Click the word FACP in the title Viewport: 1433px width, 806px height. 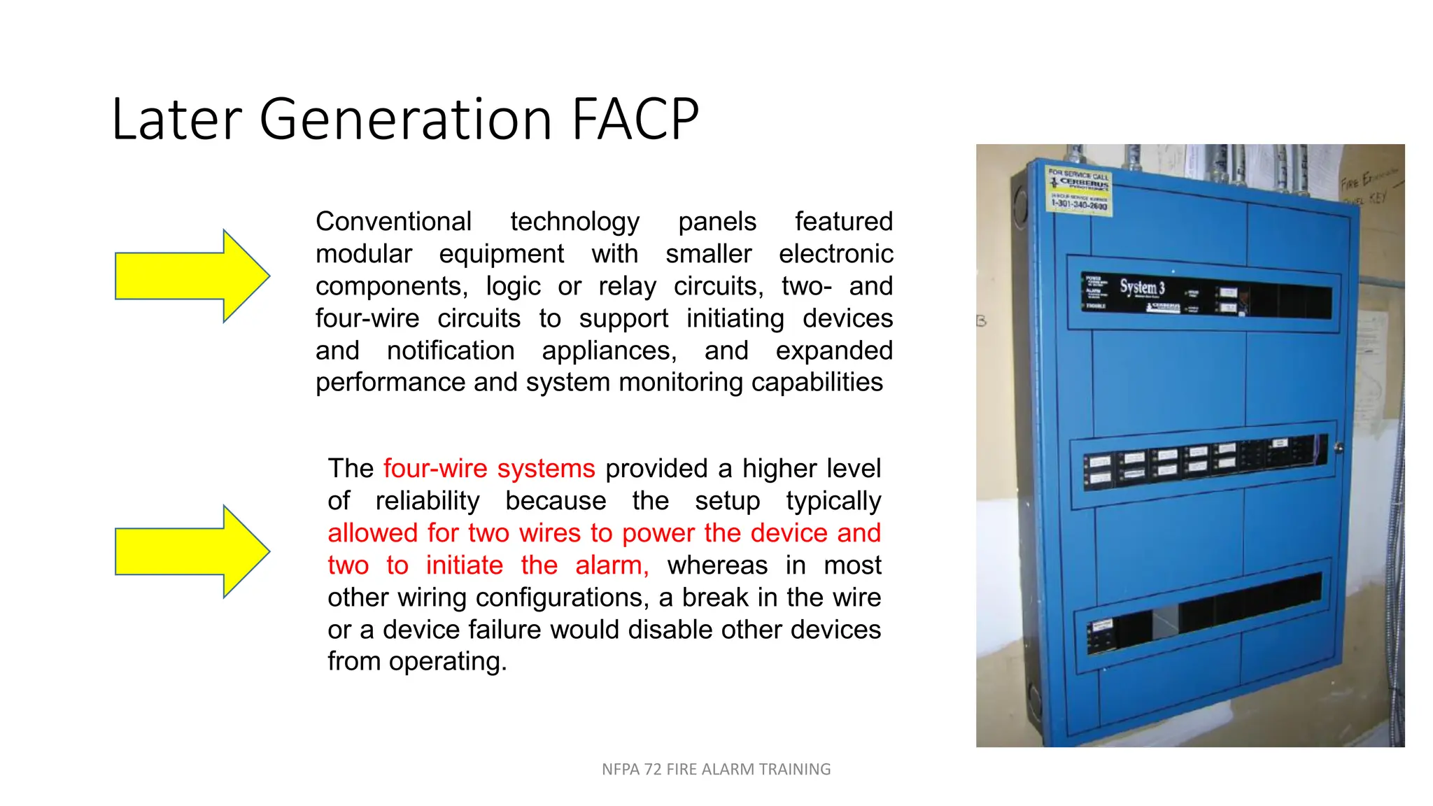(635, 119)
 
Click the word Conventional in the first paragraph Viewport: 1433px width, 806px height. (393, 222)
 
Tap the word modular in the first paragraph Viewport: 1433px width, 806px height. (363, 254)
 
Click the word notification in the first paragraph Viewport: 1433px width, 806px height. (450, 351)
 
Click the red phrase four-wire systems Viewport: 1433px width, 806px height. (489, 469)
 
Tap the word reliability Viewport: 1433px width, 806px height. (427, 501)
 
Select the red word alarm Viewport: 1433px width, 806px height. (612, 565)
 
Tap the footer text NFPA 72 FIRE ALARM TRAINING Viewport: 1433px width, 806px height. (716, 770)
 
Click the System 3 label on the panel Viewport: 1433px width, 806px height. (1142, 287)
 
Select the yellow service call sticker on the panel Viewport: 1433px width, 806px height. (1079, 190)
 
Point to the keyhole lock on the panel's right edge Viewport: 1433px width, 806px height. (1339, 448)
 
